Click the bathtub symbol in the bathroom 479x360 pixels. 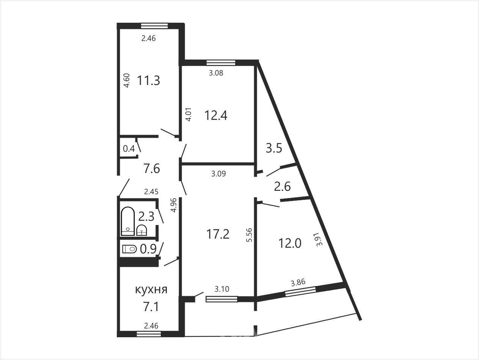128,221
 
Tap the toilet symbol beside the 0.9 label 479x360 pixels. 129,249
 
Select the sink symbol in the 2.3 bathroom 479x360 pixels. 141,230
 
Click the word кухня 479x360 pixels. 151,290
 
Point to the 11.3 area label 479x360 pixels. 148,80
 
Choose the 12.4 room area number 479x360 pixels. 216,115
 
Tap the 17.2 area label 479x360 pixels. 218,234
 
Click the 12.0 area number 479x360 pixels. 290,243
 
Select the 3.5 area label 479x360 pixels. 274,148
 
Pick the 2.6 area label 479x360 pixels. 283,187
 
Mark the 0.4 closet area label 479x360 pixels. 129,149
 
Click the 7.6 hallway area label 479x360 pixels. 151,169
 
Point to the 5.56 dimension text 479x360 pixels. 250,235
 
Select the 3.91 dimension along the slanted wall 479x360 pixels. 319,239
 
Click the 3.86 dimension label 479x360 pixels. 298,283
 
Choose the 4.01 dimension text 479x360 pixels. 188,114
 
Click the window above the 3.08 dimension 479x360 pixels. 221,63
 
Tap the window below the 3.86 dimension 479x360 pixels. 300,292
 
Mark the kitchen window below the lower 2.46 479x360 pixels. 149,334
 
